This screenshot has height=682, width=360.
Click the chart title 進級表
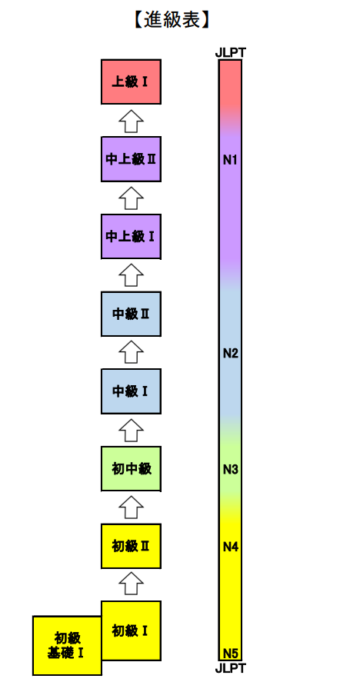click(x=172, y=20)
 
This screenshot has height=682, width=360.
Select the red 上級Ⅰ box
click(x=131, y=82)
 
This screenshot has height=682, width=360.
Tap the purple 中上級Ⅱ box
click(x=131, y=159)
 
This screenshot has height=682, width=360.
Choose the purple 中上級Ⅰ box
click(x=131, y=237)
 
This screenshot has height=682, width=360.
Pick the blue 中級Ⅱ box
click(x=131, y=314)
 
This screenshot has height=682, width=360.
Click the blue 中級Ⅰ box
click(x=131, y=391)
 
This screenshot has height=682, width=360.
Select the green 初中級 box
click(x=131, y=469)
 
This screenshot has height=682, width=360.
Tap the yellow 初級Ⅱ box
click(x=131, y=547)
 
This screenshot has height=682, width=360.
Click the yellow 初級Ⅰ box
click(x=131, y=630)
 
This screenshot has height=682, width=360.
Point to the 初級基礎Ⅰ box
click(x=67, y=645)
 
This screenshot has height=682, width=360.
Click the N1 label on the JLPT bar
click(x=230, y=161)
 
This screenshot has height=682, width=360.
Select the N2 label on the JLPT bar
click(x=230, y=354)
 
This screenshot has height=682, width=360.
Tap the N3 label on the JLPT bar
click(x=230, y=470)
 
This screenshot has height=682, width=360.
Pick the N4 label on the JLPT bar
click(x=230, y=547)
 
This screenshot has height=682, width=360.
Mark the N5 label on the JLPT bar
click(x=230, y=654)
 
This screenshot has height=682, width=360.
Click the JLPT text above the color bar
click(x=230, y=53)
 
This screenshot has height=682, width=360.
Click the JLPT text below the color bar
click(x=230, y=667)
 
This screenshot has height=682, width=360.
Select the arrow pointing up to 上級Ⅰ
click(x=131, y=121)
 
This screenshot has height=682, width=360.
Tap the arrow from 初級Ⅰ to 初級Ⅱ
click(x=131, y=584)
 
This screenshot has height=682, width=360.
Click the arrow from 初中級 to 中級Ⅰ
click(x=131, y=430)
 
